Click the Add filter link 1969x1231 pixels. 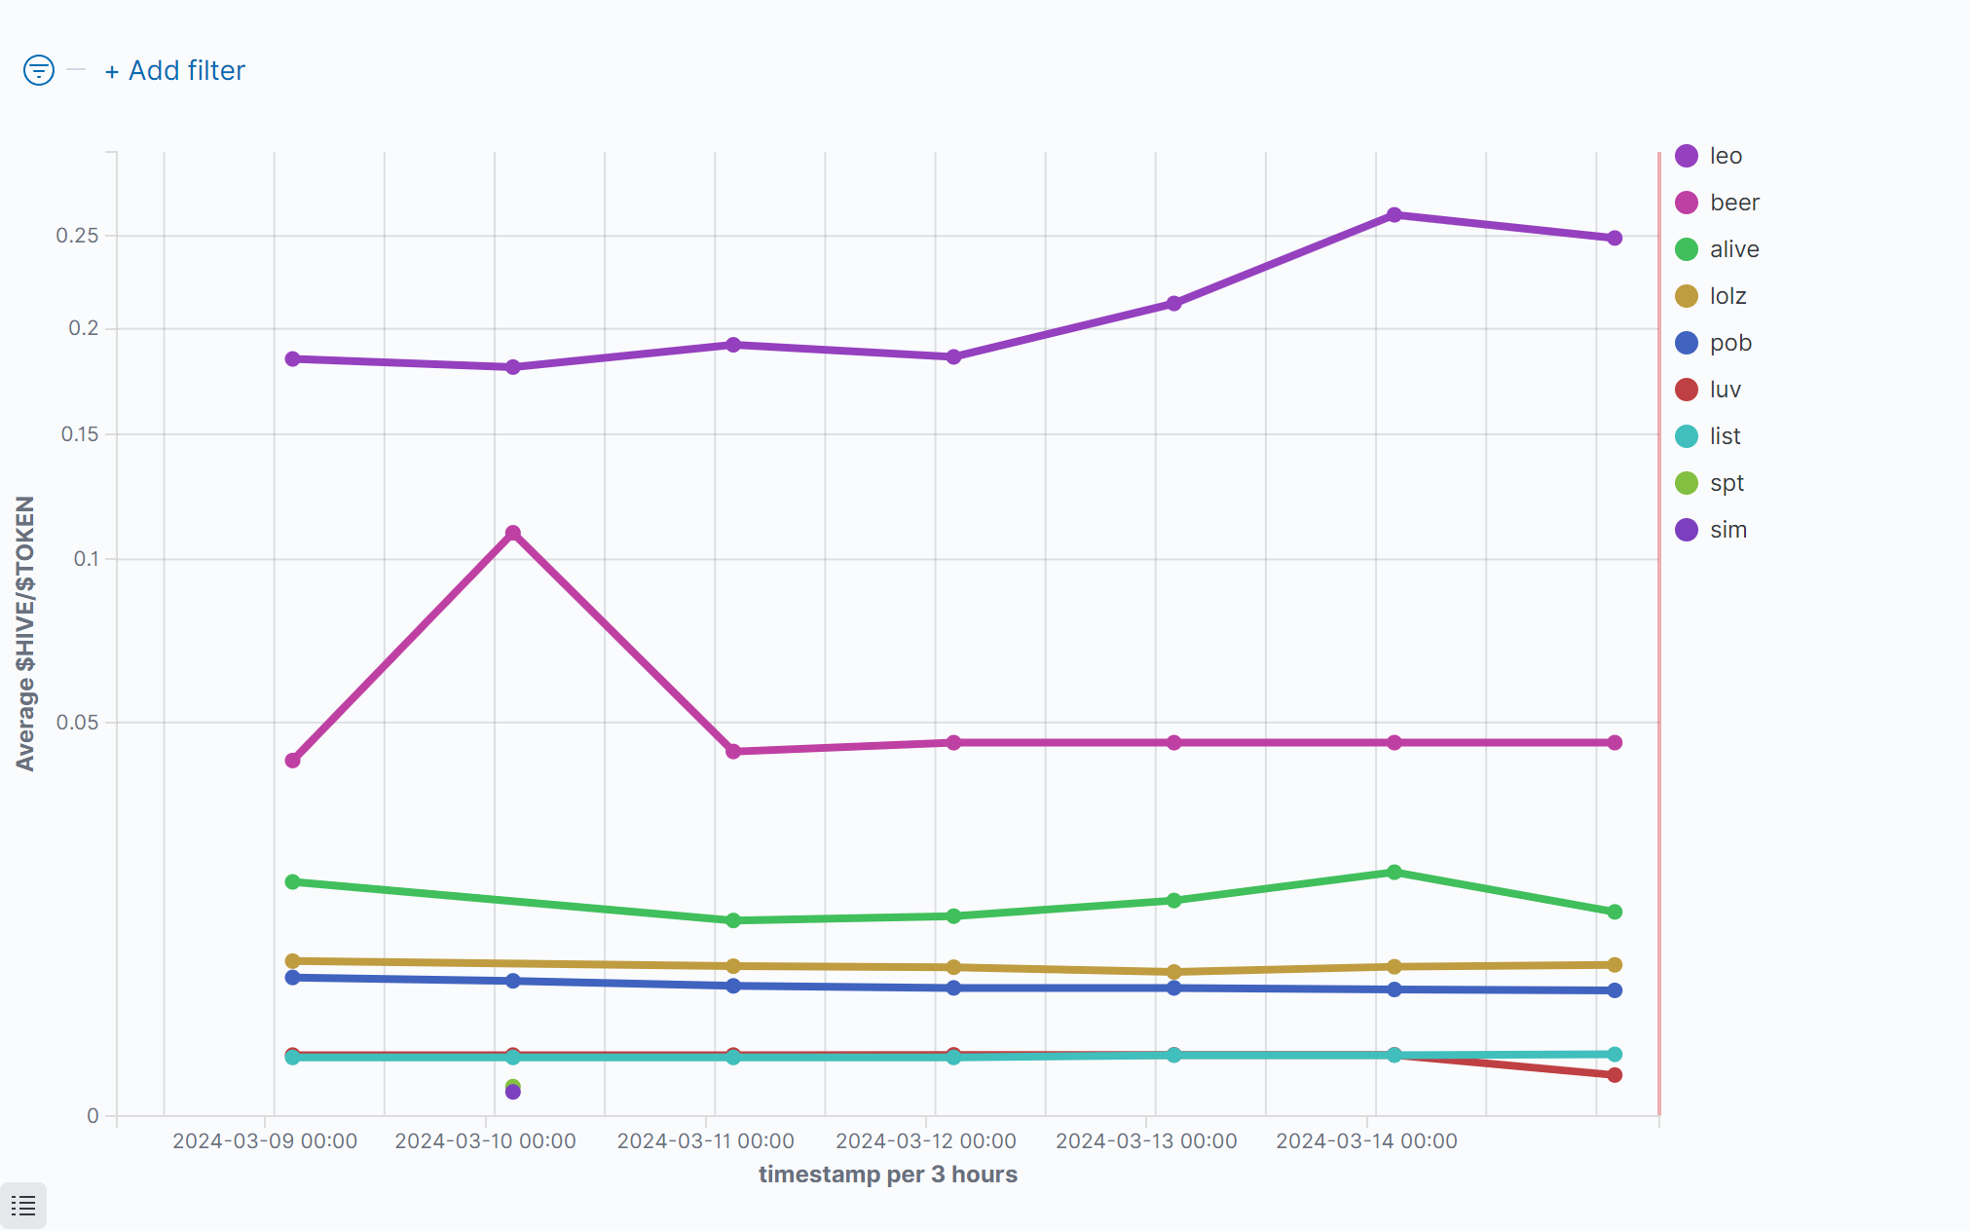(x=175, y=71)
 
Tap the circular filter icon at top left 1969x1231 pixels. (x=39, y=70)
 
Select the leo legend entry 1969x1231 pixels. (x=1725, y=156)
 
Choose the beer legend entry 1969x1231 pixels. (x=1733, y=203)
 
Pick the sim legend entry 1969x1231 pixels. (x=1728, y=530)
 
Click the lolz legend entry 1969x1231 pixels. (x=1727, y=296)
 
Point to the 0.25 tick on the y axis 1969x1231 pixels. (x=78, y=236)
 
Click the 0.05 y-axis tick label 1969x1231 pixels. (x=78, y=723)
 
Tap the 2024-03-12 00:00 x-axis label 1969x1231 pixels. (x=925, y=1141)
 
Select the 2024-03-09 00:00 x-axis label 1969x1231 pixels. (x=264, y=1141)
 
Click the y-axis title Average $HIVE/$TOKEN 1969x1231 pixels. (x=25, y=633)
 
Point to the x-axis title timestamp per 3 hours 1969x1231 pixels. (x=887, y=1175)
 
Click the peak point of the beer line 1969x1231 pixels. (x=513, y=534)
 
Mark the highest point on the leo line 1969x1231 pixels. (x=1394, y=215)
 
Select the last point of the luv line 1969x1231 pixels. (x=1615, y=1075)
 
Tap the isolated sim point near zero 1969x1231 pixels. (x=513, y=1093)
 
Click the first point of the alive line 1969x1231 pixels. (x=292, y=882)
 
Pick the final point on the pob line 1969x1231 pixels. (x=1615, y=990)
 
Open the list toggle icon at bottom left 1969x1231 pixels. (x=23, y=1206)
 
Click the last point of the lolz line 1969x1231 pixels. (x=1615, y=965)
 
